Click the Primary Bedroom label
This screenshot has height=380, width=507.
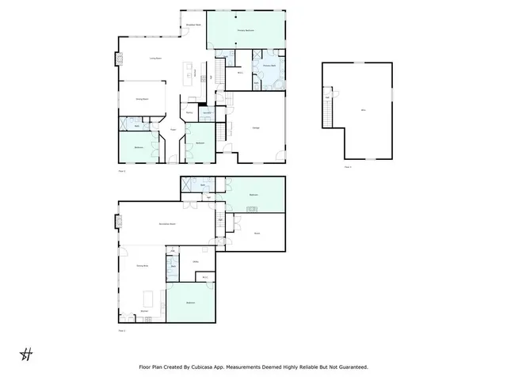[246, 29]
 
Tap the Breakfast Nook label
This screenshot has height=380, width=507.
[193, 25]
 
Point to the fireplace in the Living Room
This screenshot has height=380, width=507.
[120, 59]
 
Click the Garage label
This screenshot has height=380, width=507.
[256, 128]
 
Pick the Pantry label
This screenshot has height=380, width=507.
[189, 113]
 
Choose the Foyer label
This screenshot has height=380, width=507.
[173, 129]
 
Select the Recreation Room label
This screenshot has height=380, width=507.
[166, 224]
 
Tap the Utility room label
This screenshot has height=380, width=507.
[195, 261]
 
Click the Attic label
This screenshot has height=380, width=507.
[363, 110]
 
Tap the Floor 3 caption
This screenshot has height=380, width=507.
[348, 167]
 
